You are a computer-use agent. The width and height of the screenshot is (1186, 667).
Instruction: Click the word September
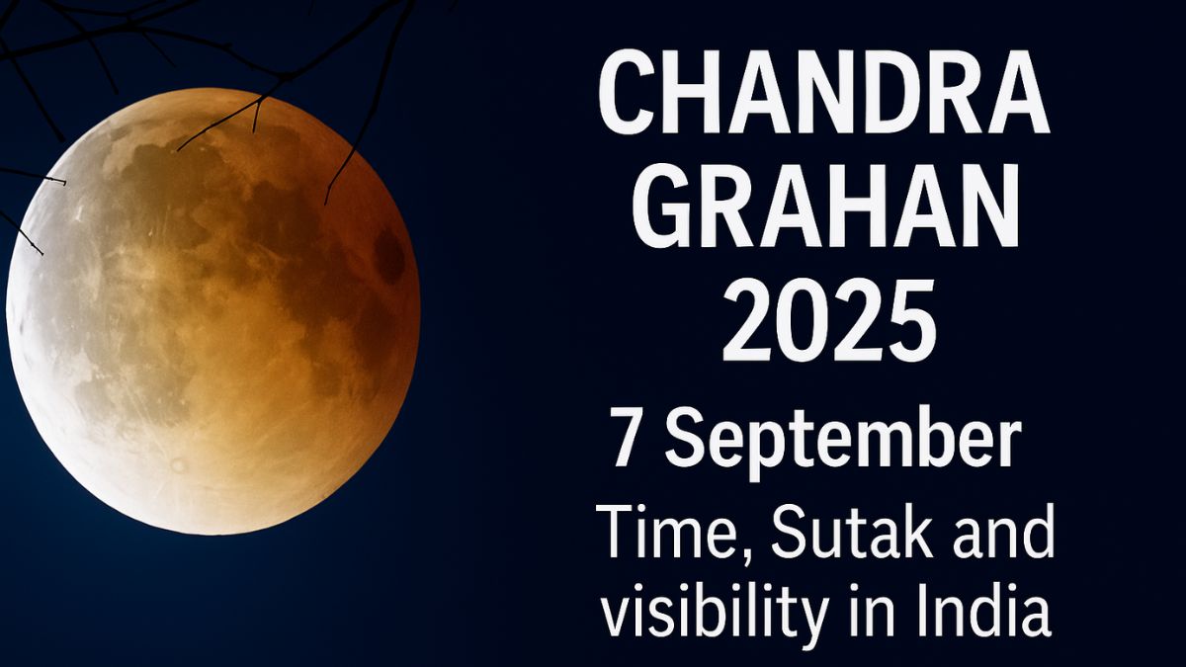click(840, 443)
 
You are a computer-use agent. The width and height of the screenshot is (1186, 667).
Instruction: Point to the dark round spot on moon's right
click(389, 256)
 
